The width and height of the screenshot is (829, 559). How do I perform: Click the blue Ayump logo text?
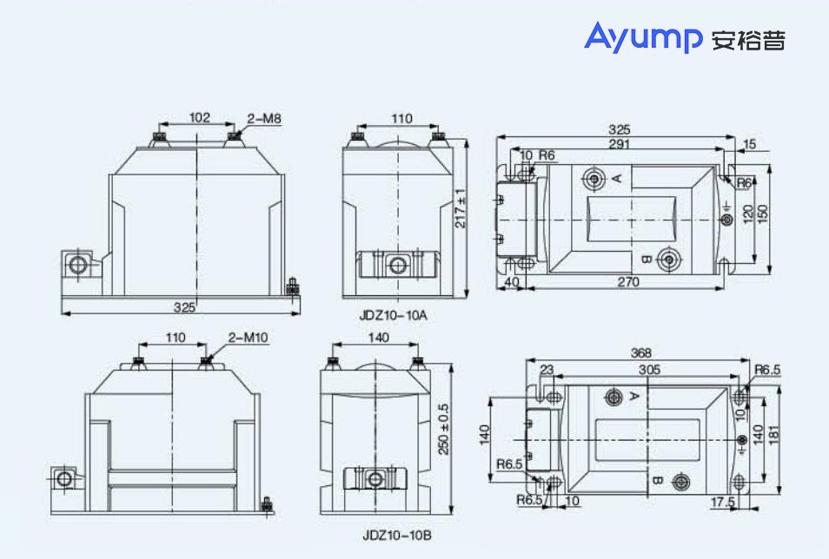tap(643, 37)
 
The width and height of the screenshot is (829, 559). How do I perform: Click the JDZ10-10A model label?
tap(394, 315)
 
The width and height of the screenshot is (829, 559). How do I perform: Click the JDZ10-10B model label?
tap(397, 536)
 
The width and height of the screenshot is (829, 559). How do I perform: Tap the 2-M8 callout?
tap(264, 119)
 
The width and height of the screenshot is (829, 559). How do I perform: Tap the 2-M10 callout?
tap(248, 337)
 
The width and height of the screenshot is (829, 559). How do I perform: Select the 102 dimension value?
tap(199, 117)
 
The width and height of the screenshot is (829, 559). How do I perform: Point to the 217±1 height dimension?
tap(461, 208)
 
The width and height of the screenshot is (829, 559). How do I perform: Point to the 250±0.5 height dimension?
tap(443, 430)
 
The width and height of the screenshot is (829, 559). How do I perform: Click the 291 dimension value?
tap(619, 144)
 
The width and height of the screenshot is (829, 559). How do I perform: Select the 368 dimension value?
tap(640, 353)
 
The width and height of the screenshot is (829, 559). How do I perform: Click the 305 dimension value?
tap(649, 370)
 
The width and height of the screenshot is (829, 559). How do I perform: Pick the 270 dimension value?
tap(628, 282)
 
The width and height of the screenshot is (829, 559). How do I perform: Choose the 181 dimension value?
tap(774, 434)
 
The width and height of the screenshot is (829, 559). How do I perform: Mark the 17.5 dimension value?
tap(723, 502)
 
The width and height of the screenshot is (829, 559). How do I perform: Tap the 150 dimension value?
tap(762, 214)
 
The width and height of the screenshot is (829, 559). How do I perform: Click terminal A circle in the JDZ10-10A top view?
tap(594, 179)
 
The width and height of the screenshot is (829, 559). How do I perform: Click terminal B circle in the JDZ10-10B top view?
tap(680, 482)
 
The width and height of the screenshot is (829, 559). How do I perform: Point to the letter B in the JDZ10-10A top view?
tap(646, 260)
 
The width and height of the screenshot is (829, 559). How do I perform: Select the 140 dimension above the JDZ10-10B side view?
tap(379, 337)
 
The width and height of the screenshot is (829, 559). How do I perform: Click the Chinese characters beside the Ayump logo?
tap(748, 40)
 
